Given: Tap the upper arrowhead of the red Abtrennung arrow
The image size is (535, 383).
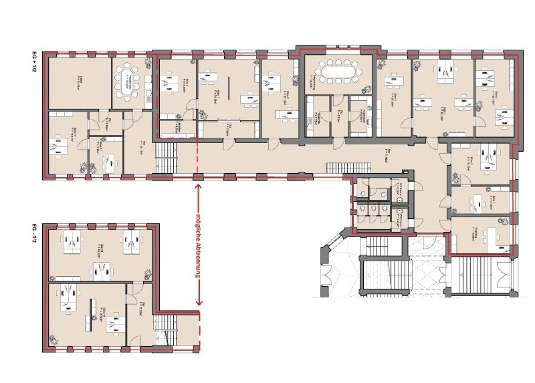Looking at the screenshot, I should (199, 188).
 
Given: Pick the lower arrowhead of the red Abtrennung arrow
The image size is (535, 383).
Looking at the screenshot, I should (199, 302).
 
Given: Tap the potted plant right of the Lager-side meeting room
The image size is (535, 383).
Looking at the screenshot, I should (148, 66).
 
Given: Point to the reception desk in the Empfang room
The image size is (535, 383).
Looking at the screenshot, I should (498, 237).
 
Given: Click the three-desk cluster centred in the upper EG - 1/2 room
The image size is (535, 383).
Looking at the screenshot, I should (100, 268).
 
